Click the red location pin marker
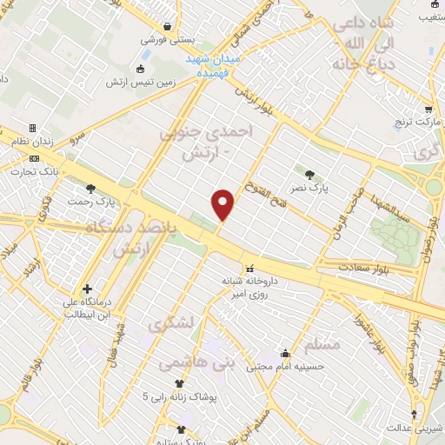click(x=223, y=203)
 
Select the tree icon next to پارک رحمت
click(x=90, y=189)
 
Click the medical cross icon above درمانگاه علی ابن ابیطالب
click(x=87, y=289)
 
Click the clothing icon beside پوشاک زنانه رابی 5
click(x=179, y=383)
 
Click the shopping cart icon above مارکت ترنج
click(x=428, y=110)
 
